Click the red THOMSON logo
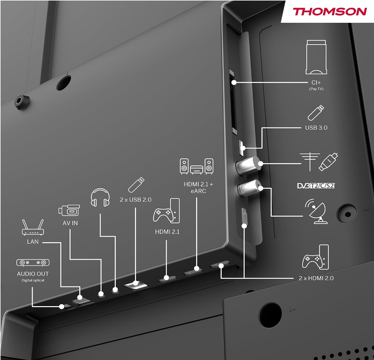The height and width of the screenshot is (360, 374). coord(330,11)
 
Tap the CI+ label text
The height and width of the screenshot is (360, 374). coord(316,82)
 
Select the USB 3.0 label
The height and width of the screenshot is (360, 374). coord(316,128)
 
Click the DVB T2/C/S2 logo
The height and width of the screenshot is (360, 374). coord(316,185)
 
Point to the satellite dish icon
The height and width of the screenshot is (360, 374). coord(315,212)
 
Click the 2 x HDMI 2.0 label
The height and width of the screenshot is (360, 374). coord(316,278)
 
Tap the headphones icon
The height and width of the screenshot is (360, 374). coord(100,197)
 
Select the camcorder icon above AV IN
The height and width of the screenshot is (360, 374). coord(69,210)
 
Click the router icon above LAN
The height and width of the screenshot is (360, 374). coord(33,227)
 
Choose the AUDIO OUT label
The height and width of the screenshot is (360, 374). coord(33,274)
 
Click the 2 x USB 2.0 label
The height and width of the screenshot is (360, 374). coord(135,200)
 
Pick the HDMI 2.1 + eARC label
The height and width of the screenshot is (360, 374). coord(198,188)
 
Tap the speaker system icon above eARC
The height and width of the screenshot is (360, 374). coord(197,166)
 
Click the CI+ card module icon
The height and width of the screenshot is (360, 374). coord(316,57)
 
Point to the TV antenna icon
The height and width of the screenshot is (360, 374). coord(310,161)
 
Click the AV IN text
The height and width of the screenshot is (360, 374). coord(70,223)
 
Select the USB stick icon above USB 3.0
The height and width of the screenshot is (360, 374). coord(316,113)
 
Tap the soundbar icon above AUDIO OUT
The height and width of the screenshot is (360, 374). coord(33,262)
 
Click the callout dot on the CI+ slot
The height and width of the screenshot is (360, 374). coord(234,82)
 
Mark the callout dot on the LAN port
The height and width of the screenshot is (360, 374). coord(80,297)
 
